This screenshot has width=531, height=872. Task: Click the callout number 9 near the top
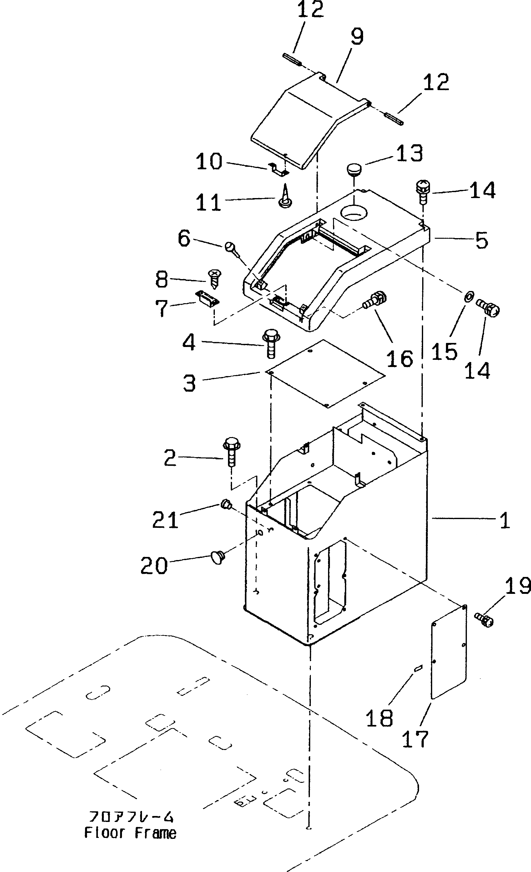tap(357, 37)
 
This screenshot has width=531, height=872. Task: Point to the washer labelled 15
tap(468, 295)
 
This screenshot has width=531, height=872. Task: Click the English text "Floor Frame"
tap(130, 833)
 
